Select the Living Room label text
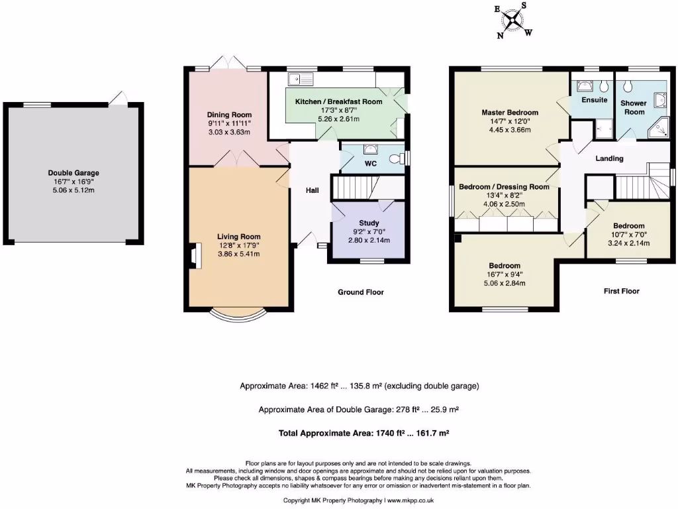pos(238,237)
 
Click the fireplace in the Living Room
pos(194,256)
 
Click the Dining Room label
pos(229,115)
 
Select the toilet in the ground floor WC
pos(395,158)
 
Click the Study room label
pos(369,223)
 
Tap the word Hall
pos(312,191)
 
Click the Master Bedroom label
pos(509,113)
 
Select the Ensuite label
pos(594,100)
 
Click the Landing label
pos(609,158)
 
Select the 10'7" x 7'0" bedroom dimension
pos(628,234)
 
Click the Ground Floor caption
pos(360,292)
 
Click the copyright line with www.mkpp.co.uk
pos(358,500)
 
